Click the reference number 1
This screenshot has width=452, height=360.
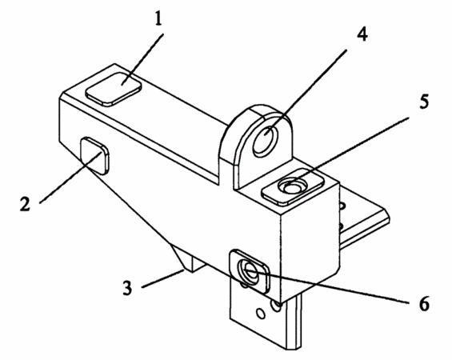158,18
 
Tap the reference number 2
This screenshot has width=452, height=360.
25,204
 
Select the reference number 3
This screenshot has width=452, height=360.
128,288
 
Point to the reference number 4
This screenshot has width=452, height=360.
362,34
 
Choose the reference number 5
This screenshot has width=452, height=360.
424,101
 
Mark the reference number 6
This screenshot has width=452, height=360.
424,304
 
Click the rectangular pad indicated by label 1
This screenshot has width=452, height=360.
114,89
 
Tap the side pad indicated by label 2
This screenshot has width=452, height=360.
95,156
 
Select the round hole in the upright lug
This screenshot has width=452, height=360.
266,139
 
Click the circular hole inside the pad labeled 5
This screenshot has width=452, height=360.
292,186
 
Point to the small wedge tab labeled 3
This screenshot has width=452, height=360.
187,259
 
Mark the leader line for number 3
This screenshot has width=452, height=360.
163,278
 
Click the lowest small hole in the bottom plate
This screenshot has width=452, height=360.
261,314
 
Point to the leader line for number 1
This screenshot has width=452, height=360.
143,59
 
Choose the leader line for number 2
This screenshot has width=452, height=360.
70,178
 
